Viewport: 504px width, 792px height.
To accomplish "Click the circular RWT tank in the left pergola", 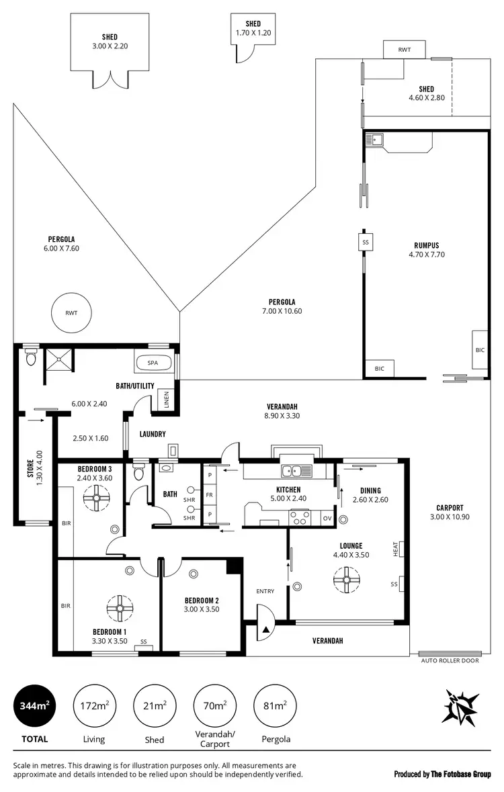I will (x=71, y=312).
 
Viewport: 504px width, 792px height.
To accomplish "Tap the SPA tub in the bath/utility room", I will (x=153, y=363).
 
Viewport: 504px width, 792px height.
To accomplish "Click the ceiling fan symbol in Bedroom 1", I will (x=119, y=608).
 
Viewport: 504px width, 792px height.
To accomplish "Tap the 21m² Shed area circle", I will (x=155, y=705).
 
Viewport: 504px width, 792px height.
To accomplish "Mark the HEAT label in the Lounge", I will (x=396, y=549).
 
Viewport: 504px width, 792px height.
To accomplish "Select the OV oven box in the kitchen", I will (x=327, y=519).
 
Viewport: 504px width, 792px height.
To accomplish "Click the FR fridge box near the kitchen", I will (x=210, y=495).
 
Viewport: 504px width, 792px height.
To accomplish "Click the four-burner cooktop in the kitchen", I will (x=300, y=517).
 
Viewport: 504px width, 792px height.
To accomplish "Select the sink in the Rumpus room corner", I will (x=374, y=140).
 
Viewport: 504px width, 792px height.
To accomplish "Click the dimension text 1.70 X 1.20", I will (x=253, y=32).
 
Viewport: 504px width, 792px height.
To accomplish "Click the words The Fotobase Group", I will (x=461, y=774).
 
